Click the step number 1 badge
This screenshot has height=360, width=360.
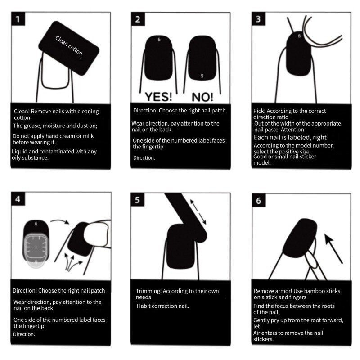(18, 19)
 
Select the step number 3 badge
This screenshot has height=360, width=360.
(258, 19)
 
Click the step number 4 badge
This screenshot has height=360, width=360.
(18, 199)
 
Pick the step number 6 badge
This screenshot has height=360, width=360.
(258, 200)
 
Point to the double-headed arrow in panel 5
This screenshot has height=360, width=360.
(198, 212)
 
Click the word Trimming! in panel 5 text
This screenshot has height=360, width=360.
(150, 291)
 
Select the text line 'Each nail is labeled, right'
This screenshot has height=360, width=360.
(290, 137)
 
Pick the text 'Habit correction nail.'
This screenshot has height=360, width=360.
(163, 306)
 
